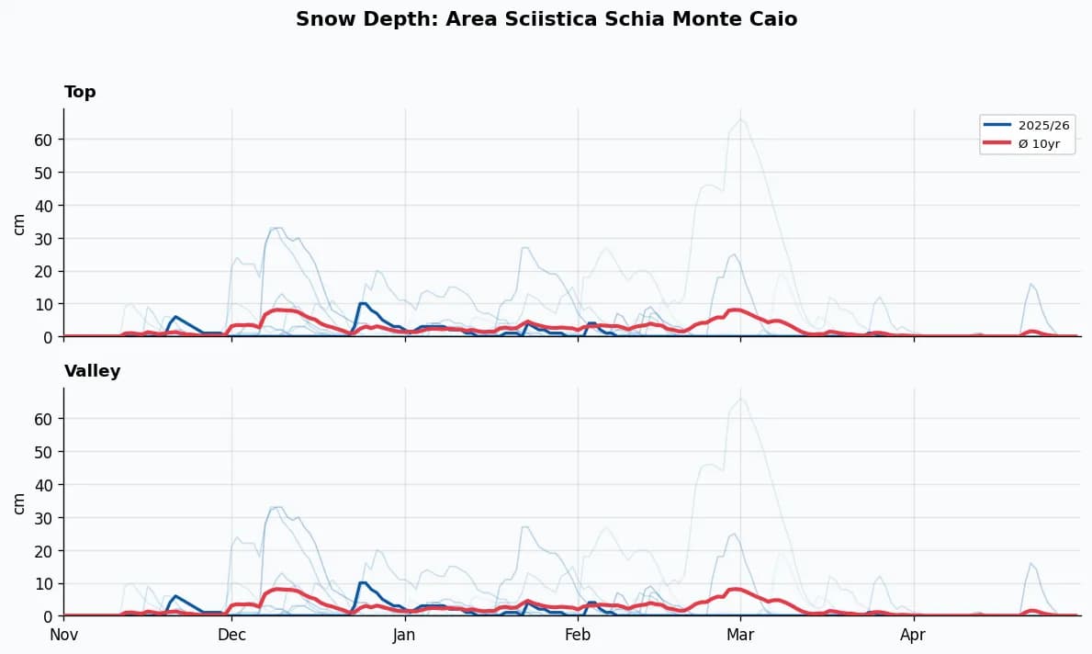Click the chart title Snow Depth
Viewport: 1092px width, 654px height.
click(x=546, y=19)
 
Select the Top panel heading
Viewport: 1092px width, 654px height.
click(x=80, y=92)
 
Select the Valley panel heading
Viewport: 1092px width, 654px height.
click(x=92, y=371)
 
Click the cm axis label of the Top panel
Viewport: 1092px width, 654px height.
click(x=19, y=223)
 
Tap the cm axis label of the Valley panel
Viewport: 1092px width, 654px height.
click(x=19, y=502)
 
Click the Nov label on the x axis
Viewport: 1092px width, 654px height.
click(x=63, y=635)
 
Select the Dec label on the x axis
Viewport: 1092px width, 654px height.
click(x=231, y=635)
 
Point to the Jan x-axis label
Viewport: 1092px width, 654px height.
click(x=404, y=635)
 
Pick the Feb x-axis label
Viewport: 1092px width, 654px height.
click(x=578, y=635)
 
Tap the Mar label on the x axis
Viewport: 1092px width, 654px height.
click(x=740, y=635)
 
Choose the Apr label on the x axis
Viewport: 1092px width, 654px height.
click(x=913, y=635)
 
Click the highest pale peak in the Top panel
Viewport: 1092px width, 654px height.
click(x=741, y=119)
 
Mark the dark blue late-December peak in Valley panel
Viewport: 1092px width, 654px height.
click(x=363, y=582)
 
